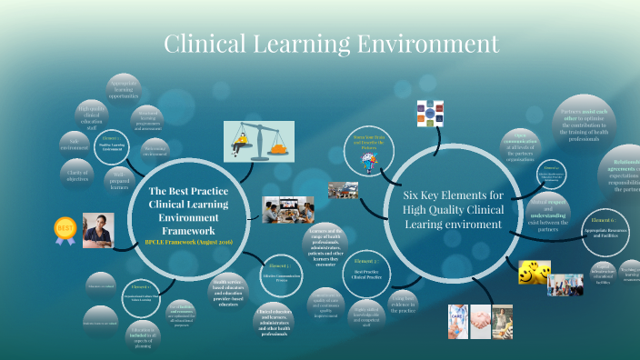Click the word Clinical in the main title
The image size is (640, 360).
pyautogui.click(x=208, y=43)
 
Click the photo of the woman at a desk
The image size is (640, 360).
pyautogui.click(x=98, y=230)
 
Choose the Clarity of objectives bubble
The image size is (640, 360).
pyautogui.click(x=77, y=171)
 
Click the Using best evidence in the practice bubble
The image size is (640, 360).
pyautogui.click(x=403, y=302)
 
